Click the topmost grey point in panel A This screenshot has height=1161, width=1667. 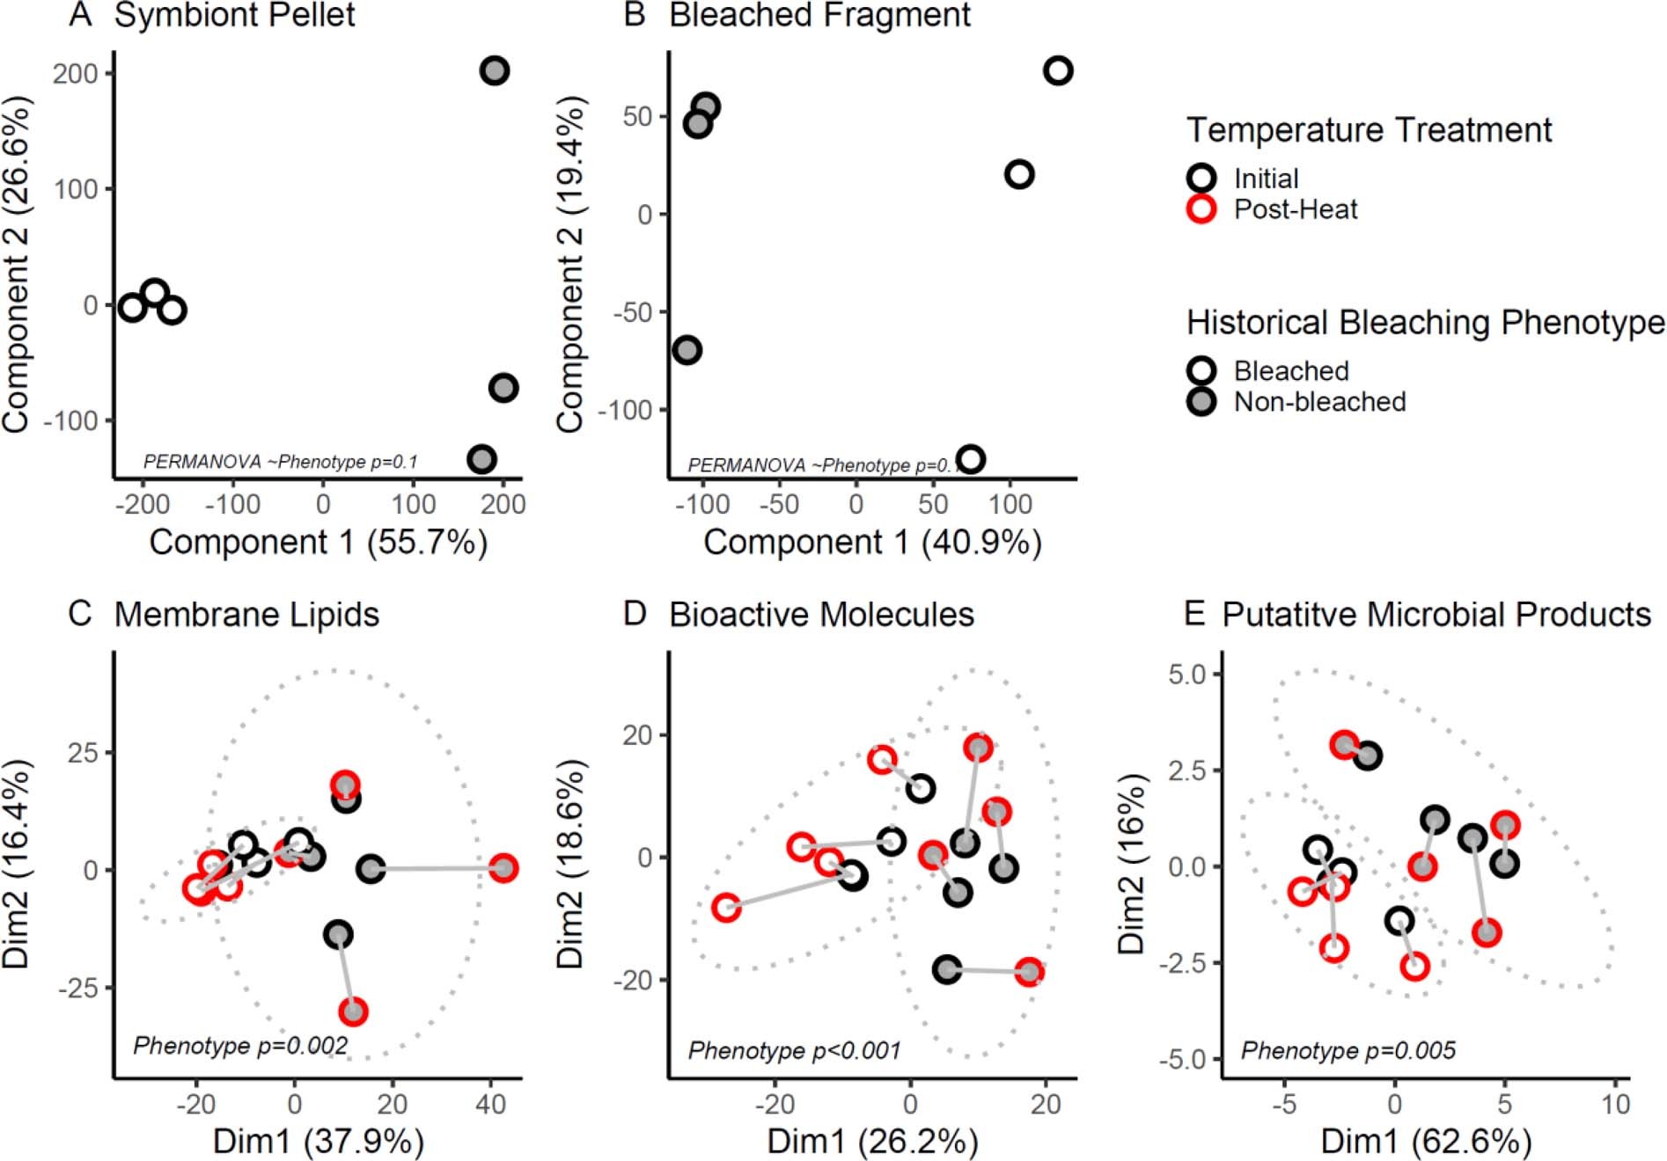coord(495,70)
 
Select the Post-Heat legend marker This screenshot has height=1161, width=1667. coord(1201,209)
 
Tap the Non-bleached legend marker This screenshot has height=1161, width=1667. coord(1201,402)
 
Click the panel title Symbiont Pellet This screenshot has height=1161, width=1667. coord(234,16)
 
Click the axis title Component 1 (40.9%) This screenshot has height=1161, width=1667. coord(872,542)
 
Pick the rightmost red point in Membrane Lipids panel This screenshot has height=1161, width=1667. coord(503,868)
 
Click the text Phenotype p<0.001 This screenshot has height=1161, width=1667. coord(794,1050)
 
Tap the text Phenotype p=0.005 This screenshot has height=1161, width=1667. coord(1348,1050)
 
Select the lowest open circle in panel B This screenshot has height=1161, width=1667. coord(970,458)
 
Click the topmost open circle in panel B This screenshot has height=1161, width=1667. coord(1058,70)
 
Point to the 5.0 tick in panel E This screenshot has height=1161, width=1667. coord(1186,675)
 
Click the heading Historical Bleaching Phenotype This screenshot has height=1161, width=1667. coord(1425,323)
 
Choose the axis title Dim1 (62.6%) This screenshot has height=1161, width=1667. coord(1426,1142)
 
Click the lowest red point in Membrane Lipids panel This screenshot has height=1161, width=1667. coord(354,1011)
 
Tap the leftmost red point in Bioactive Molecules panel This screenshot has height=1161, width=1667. coord(726,907)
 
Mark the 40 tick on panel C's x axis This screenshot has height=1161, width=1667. coord(490,1104)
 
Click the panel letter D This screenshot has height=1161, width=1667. coord(635,614)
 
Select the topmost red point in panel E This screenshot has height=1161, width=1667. coord(1344,745)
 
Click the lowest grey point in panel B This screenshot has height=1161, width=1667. coord(687,350)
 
